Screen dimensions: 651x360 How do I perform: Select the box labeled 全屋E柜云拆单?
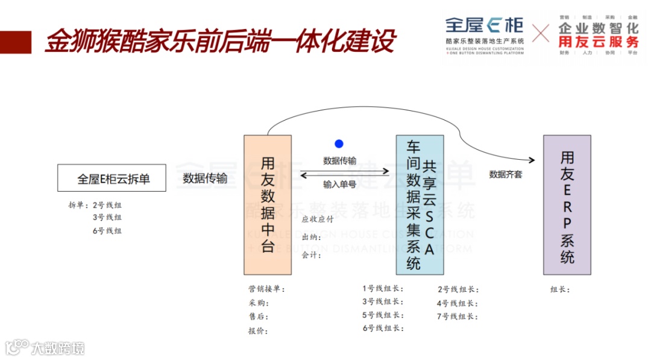click(112, 178)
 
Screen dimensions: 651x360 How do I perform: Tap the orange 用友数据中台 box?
click(268, 204)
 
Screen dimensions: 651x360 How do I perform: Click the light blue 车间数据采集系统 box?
click(420, 204)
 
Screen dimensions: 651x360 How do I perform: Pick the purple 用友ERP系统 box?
click(567, 204)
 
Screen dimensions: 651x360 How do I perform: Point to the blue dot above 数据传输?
click(339, 144)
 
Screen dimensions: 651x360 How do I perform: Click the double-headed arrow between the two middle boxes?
click(344, 172)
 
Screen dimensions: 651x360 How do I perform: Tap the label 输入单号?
click(339, 184)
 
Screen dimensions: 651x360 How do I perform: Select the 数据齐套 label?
click(505, 174)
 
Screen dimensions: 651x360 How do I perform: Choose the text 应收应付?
click(318, 219)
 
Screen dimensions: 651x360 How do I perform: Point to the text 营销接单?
click(266, 289)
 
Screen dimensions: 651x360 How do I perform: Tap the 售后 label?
click(258, 317)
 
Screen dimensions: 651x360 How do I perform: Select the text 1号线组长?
click(383, 289)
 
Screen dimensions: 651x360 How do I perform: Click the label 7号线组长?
click(458, 317)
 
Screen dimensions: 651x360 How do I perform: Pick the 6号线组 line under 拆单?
click(107, 231)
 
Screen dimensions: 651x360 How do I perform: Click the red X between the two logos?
click(541, 33)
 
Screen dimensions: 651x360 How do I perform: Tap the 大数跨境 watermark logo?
click(45, 348)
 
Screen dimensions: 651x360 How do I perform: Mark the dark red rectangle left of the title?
click(16, 42)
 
